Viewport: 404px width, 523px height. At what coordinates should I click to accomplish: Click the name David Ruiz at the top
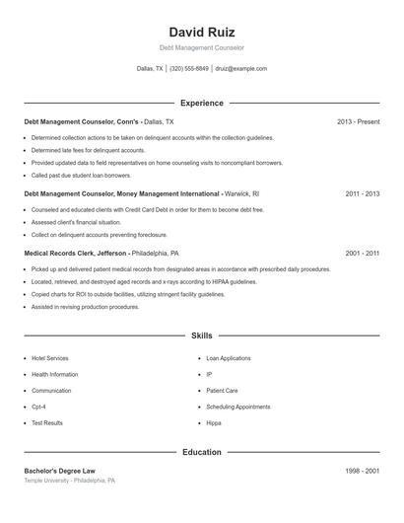click(202, 32)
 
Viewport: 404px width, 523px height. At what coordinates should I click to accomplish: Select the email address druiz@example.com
click(240, 69)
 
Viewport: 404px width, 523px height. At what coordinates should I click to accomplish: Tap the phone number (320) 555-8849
click(189, 69)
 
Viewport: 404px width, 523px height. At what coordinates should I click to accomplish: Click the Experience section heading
click(202, 103)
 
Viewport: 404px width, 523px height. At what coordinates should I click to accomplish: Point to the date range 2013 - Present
click(358, 121)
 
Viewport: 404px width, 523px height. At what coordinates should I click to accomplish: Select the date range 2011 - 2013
click(362, 194)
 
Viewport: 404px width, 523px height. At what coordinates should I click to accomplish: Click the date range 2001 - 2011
click(362, 254)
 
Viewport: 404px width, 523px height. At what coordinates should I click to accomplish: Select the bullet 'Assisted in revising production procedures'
click(85, 307)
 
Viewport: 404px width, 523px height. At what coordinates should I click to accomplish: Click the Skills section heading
click(202, 336)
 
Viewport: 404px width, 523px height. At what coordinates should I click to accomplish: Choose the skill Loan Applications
click(229, 358)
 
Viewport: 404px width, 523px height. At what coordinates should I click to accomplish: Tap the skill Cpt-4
click(39, 407)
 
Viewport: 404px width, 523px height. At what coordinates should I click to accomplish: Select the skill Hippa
click(214, 422)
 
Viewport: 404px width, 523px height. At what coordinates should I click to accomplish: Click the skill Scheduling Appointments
click(237, 407)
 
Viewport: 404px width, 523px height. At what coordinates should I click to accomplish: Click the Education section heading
click(202, 452)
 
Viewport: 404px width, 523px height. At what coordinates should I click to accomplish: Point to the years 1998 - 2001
click(362, 472)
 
